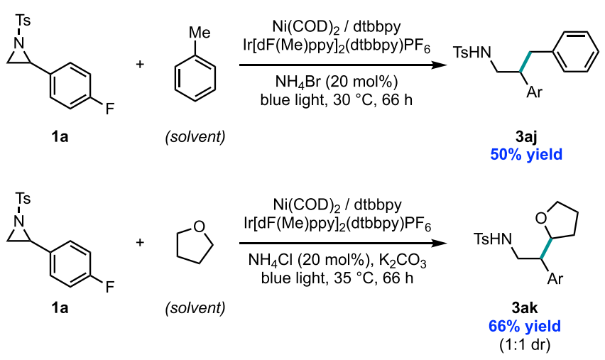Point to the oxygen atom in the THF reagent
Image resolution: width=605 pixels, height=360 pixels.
200,227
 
